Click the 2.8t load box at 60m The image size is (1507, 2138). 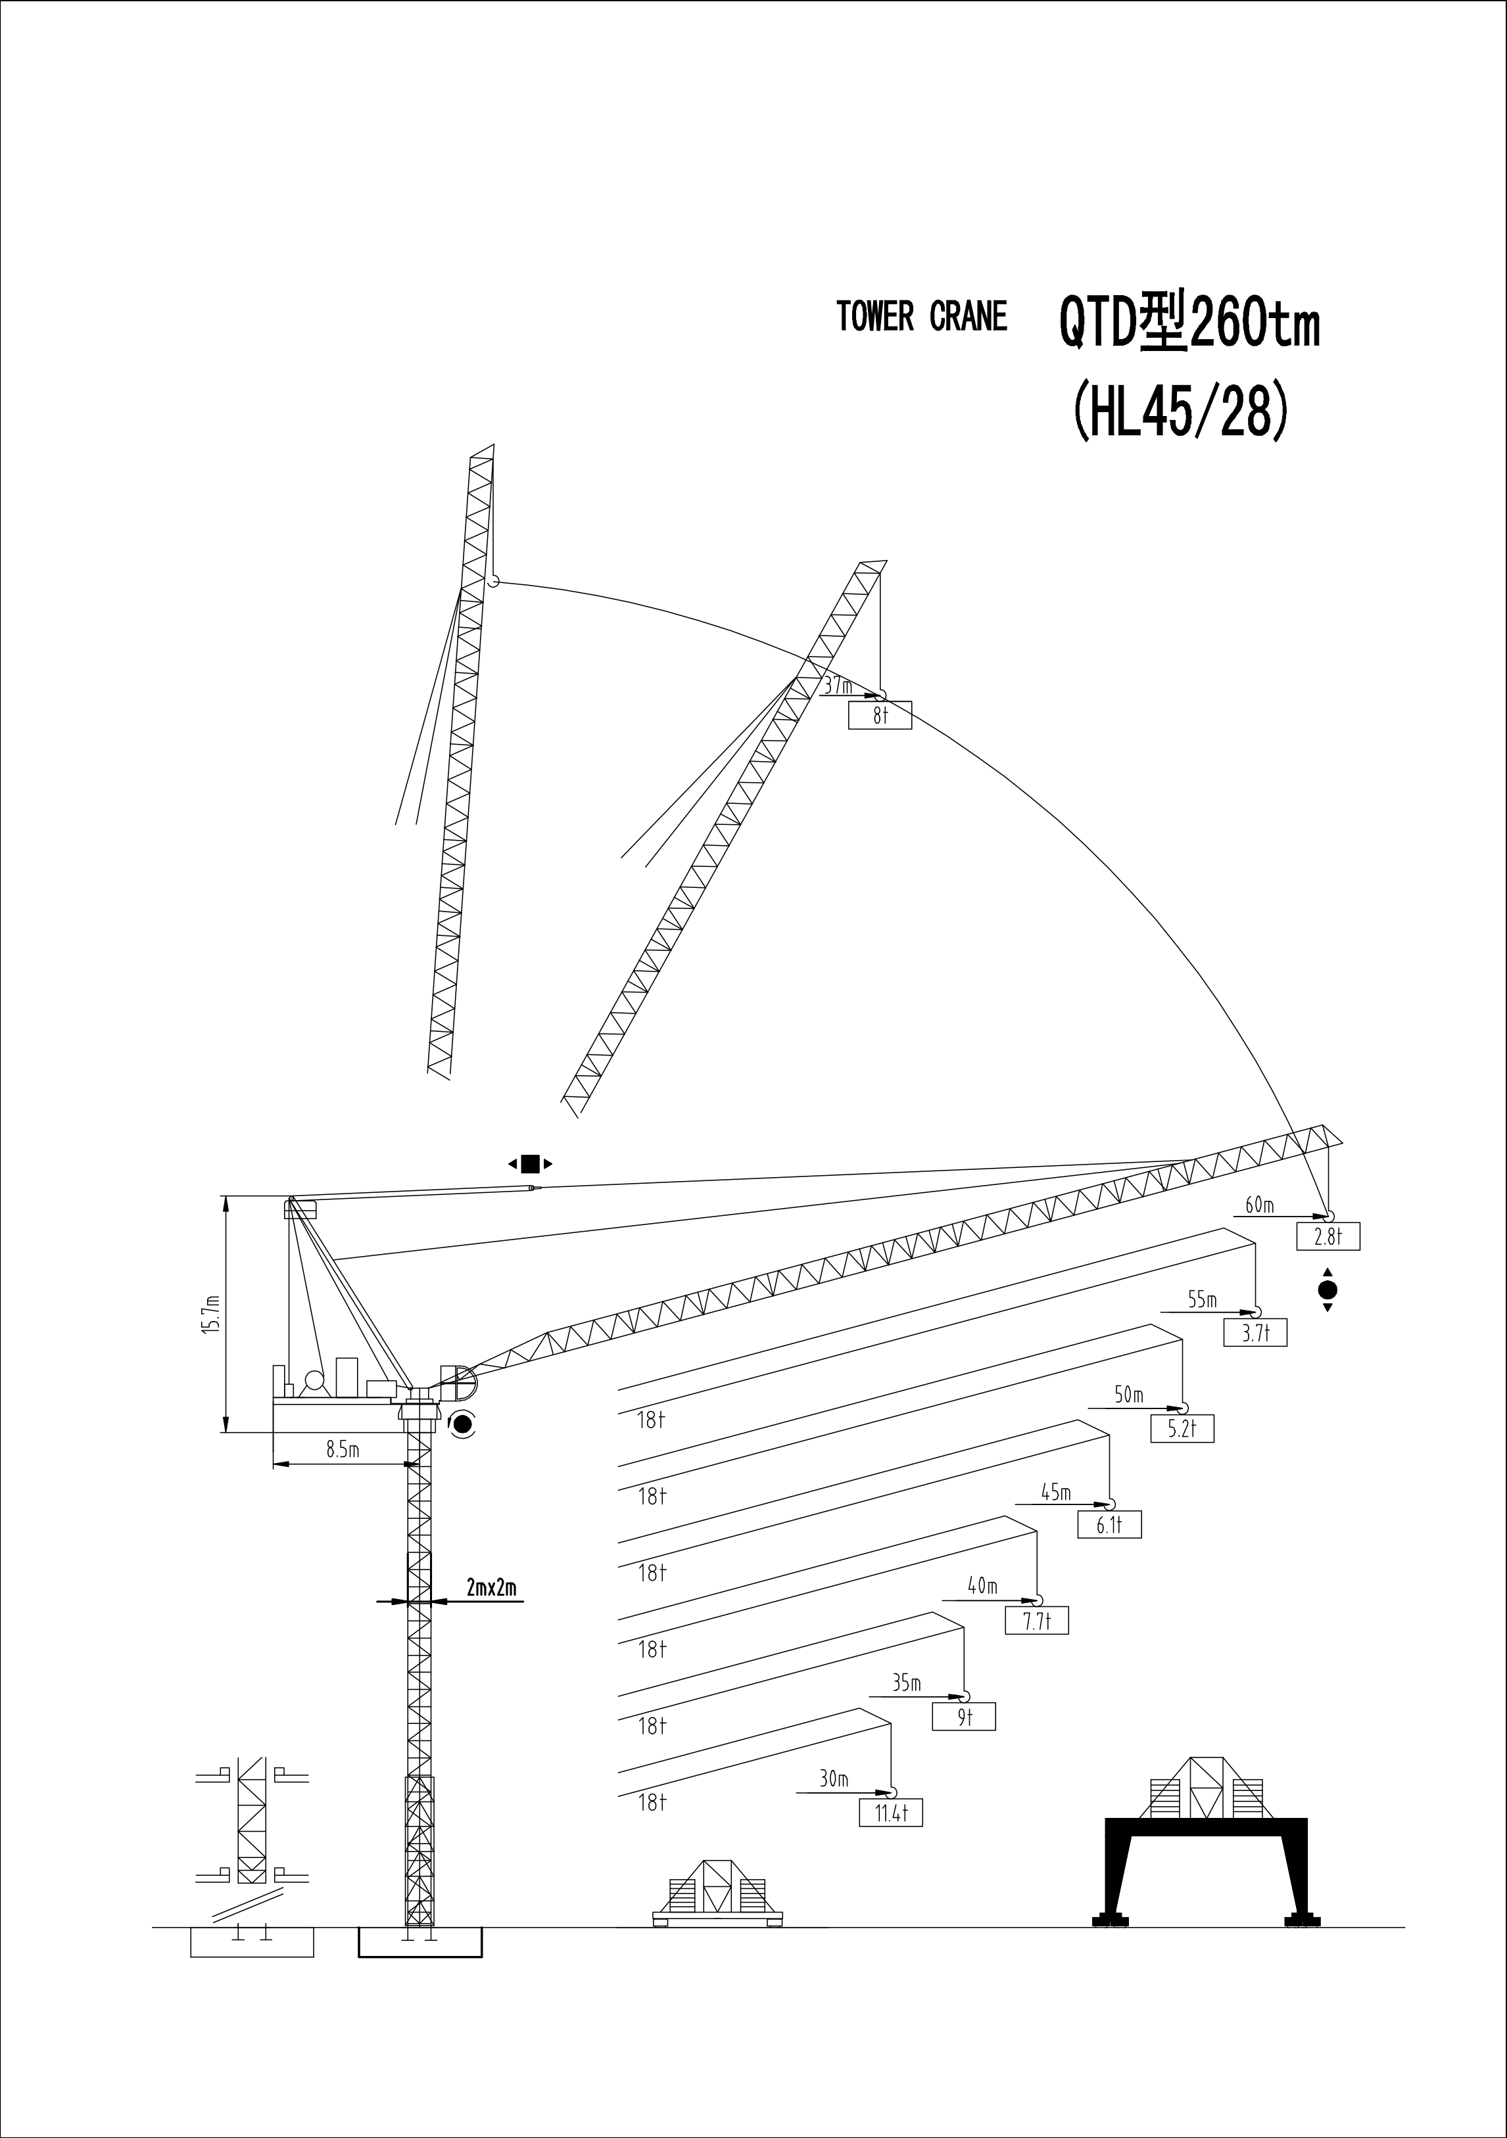point(1328,1237)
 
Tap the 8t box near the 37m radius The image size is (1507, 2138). point(880,715)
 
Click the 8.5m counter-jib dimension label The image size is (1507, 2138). point(343,1450)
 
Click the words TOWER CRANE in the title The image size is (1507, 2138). point(922,317)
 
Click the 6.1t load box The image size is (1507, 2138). point(1109,1524)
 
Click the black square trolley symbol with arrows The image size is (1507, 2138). point(530,1163)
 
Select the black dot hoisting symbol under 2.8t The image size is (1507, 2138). point(1328,1290)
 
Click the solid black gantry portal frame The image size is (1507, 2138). point(1206,1870)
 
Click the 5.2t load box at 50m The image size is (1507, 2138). point(1182,1428)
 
